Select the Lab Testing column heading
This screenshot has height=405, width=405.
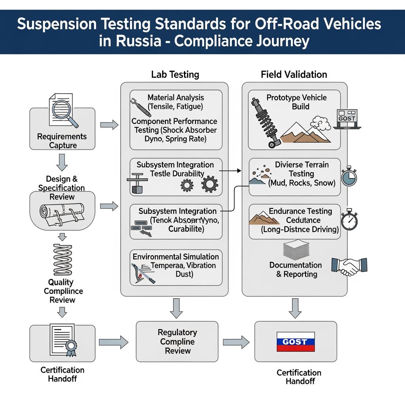[x=175, y=74]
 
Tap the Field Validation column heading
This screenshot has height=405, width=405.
[x=294, y=74]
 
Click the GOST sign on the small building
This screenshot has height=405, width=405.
[x=347, y=118]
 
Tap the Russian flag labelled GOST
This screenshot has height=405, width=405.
[x=295, y=342]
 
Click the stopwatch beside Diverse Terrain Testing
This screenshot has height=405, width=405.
[x=348, y=176]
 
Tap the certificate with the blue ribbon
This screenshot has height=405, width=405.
[x=63, y=340]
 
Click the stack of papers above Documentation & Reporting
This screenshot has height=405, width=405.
[x=295, y=251]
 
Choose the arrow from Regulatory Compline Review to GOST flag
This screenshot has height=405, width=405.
[x=236, y=342]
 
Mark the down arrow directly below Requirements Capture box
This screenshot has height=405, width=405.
[x=62, y=162]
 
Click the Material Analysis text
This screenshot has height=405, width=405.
[x=176, y=97]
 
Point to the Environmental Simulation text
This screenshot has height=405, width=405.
[x=176, y=257]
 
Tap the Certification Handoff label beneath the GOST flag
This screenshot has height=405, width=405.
[x=299, y=377]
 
